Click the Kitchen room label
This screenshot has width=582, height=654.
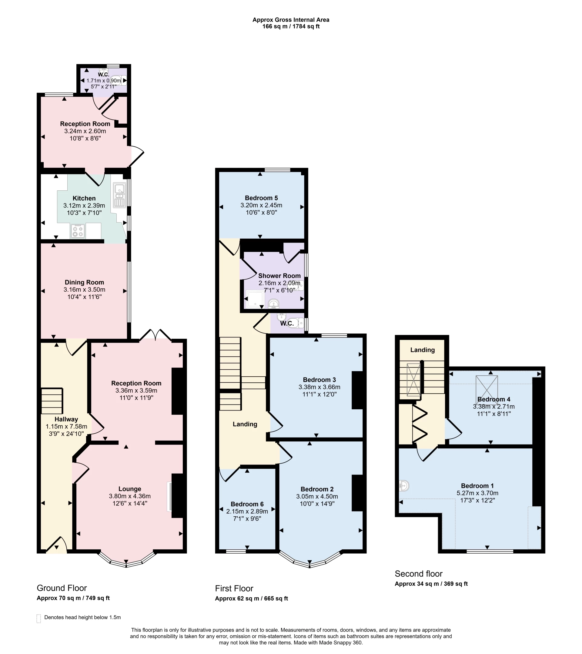(84, 198)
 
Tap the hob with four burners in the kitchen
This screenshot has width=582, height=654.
(78, 231)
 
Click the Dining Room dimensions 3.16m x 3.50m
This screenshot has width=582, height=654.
(84, 290)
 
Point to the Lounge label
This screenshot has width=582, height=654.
(129, 489)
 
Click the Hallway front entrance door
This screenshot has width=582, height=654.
(57, 545)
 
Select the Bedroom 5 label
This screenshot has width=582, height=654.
(261, 198)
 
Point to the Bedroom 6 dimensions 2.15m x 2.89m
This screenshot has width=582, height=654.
(247, 511)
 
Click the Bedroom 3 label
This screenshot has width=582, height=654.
(319, 380)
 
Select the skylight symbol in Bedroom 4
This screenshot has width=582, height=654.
(486, 388)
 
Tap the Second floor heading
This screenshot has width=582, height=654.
(418, 574)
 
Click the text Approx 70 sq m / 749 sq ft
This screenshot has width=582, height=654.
(73, 598)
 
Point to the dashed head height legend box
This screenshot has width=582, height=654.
(39, 619)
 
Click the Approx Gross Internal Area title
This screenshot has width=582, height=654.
(290, 20)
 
